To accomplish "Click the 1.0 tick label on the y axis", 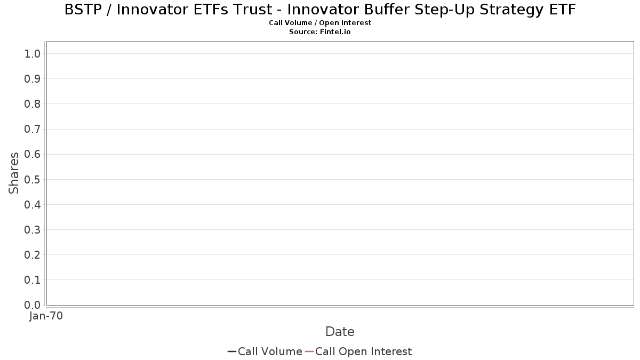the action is tap(33, 54).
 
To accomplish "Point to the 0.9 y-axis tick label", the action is tap(33, 79).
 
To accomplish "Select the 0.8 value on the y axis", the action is tap(33, 104).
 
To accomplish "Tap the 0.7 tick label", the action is tap(33, 129).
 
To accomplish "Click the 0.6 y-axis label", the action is tap(33, 154).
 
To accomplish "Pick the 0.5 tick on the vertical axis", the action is tap(33, 179).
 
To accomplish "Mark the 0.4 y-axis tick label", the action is tap(33, 205).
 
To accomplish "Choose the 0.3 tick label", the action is tap(33, 230).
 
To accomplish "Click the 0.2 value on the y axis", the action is tap(33, 255).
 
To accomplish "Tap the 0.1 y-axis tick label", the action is tap(33, 280).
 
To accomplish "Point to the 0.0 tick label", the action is tap(33, 305).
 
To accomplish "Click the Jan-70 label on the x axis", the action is tap(46, 316).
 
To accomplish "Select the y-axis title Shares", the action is tap(13, 173).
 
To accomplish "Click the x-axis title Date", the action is tap(340, 332).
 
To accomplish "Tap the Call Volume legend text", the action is tap(270, 351).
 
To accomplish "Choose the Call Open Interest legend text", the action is tap(363, 351).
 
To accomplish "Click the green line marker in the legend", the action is tap(231, 351).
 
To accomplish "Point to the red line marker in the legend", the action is tap(309, 351).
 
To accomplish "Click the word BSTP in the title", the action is tap(83, 10).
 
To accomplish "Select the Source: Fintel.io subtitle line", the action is tap(320, 31).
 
